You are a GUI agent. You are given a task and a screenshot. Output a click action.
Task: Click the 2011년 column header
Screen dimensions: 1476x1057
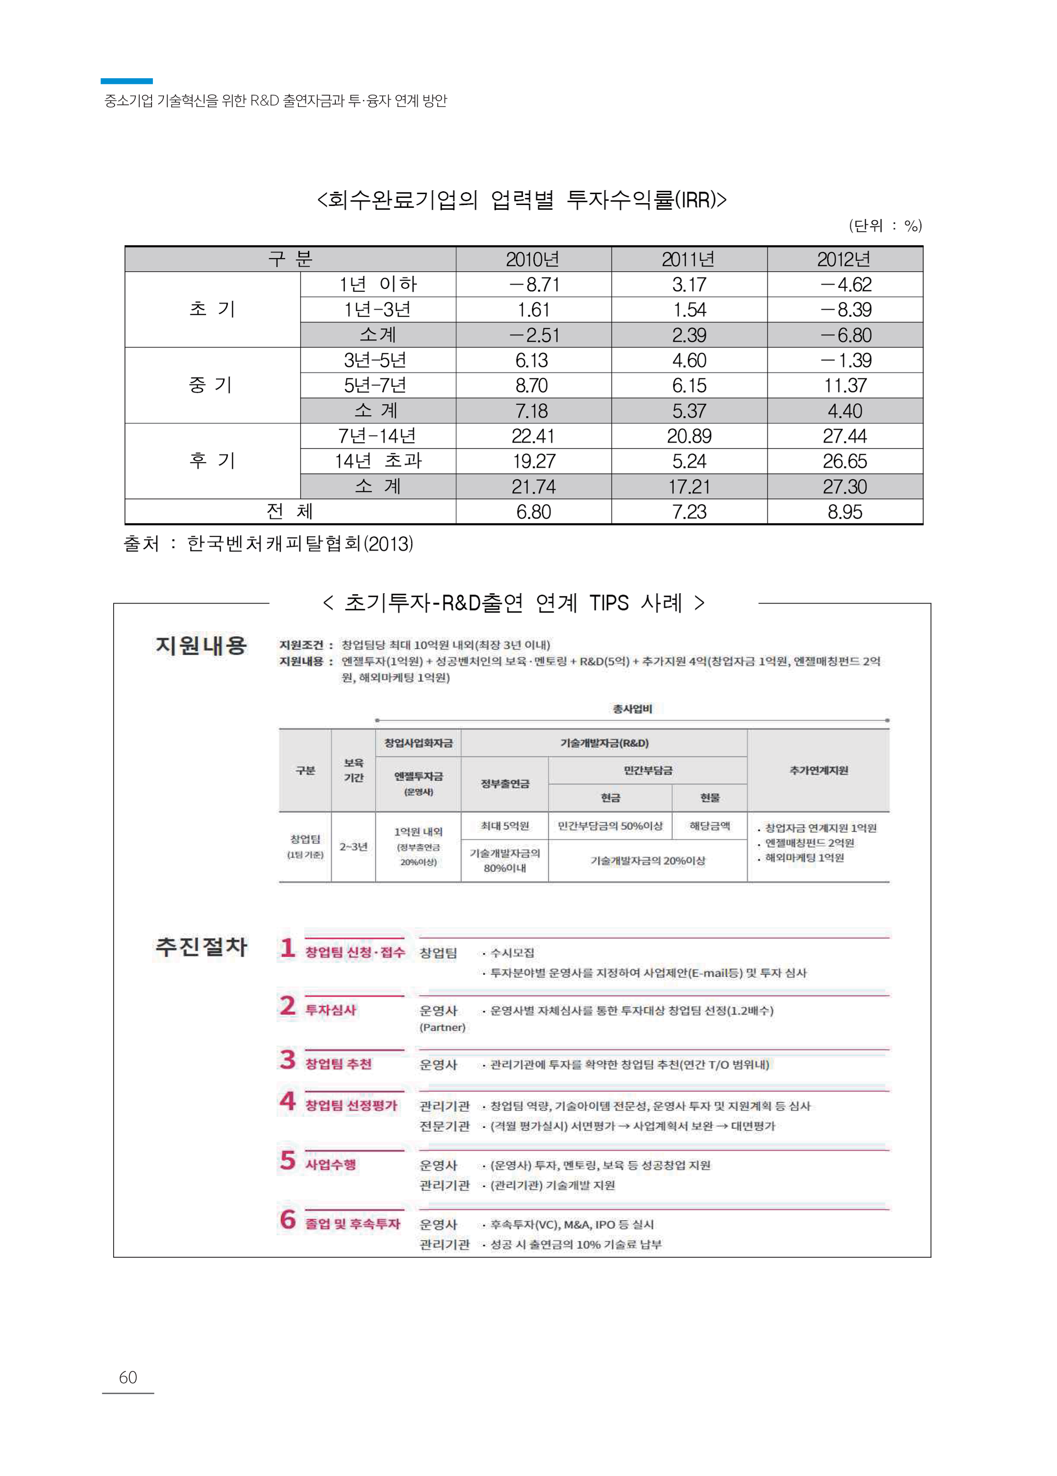click(688, 259)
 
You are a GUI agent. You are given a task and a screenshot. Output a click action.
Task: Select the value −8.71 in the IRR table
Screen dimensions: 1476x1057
click(533, 285)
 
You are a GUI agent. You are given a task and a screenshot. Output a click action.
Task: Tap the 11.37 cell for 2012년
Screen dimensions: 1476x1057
click(845, 386)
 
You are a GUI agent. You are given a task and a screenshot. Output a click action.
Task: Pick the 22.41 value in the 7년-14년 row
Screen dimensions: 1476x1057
click(533, 436)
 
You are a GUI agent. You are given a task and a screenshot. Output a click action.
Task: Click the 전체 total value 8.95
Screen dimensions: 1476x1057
click(845, 512)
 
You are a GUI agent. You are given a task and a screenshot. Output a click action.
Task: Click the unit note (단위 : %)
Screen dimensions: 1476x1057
click(885, 226)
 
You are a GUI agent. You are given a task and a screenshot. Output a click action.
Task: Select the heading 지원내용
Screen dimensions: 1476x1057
click(201, 645)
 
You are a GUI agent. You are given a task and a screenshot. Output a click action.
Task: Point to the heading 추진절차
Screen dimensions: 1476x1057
click(201, 946)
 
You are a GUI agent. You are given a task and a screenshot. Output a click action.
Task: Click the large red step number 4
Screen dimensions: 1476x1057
click(287, 1101)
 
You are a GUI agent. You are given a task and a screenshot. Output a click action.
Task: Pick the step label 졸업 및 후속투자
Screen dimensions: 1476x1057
click(353, 1224)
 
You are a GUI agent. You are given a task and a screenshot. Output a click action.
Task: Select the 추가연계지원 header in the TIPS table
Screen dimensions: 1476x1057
click(818, 770)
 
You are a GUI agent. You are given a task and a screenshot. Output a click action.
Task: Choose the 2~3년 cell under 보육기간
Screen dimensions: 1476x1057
click(353, 846)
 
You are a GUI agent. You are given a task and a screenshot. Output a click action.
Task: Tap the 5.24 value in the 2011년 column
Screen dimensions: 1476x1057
click(688, 461)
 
